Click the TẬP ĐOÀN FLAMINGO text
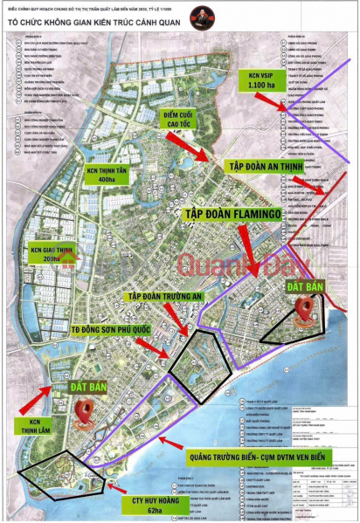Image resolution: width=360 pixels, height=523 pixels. pos(246,212)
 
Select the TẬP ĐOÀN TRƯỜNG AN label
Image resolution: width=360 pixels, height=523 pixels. pos(156,297)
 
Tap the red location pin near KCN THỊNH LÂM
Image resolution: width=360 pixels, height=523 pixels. pos(86,410)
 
